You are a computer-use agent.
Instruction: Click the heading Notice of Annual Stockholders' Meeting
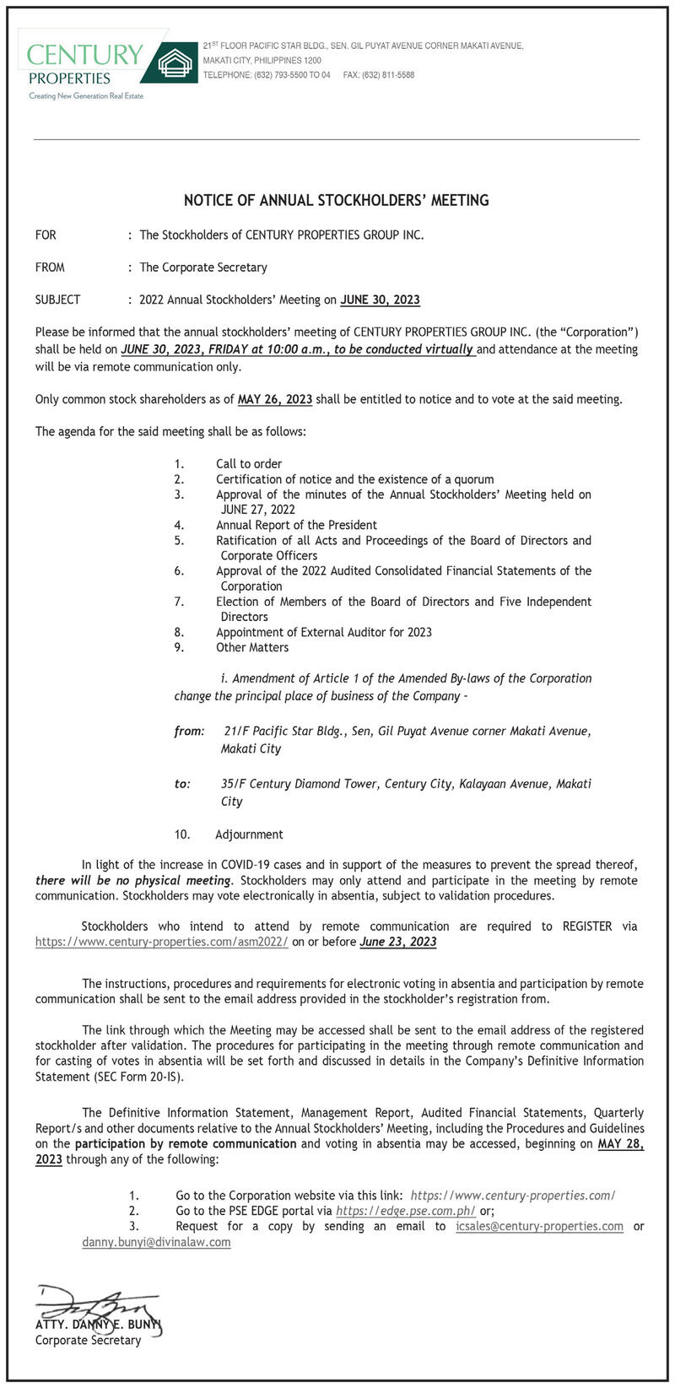tap(337, 201)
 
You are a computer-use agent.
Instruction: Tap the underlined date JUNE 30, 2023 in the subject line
tap(380, 300)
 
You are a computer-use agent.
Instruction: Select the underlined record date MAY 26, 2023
tap(275, 399)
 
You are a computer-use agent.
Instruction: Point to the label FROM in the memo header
tap(50, 267)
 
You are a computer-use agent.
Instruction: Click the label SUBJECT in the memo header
tap(57, 300)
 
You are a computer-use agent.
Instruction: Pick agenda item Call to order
tap(249, 463)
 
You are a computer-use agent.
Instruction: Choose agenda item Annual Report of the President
tap(296, 525)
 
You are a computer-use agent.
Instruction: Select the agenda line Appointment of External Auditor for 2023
tap(323, 632)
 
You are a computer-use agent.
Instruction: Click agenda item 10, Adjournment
tap(249, 834)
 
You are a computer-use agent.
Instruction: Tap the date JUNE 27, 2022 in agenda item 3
tap(257, 510)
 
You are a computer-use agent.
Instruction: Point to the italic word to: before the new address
tap(182, 784)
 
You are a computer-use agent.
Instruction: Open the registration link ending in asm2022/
tap(161, 942)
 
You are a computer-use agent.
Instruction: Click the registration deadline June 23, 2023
tap(397, 942)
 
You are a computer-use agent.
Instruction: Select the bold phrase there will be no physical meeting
tap(132, 880)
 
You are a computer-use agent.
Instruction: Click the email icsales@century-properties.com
tap(539, 1226)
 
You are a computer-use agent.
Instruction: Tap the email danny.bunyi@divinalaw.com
tap(156, 1242)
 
